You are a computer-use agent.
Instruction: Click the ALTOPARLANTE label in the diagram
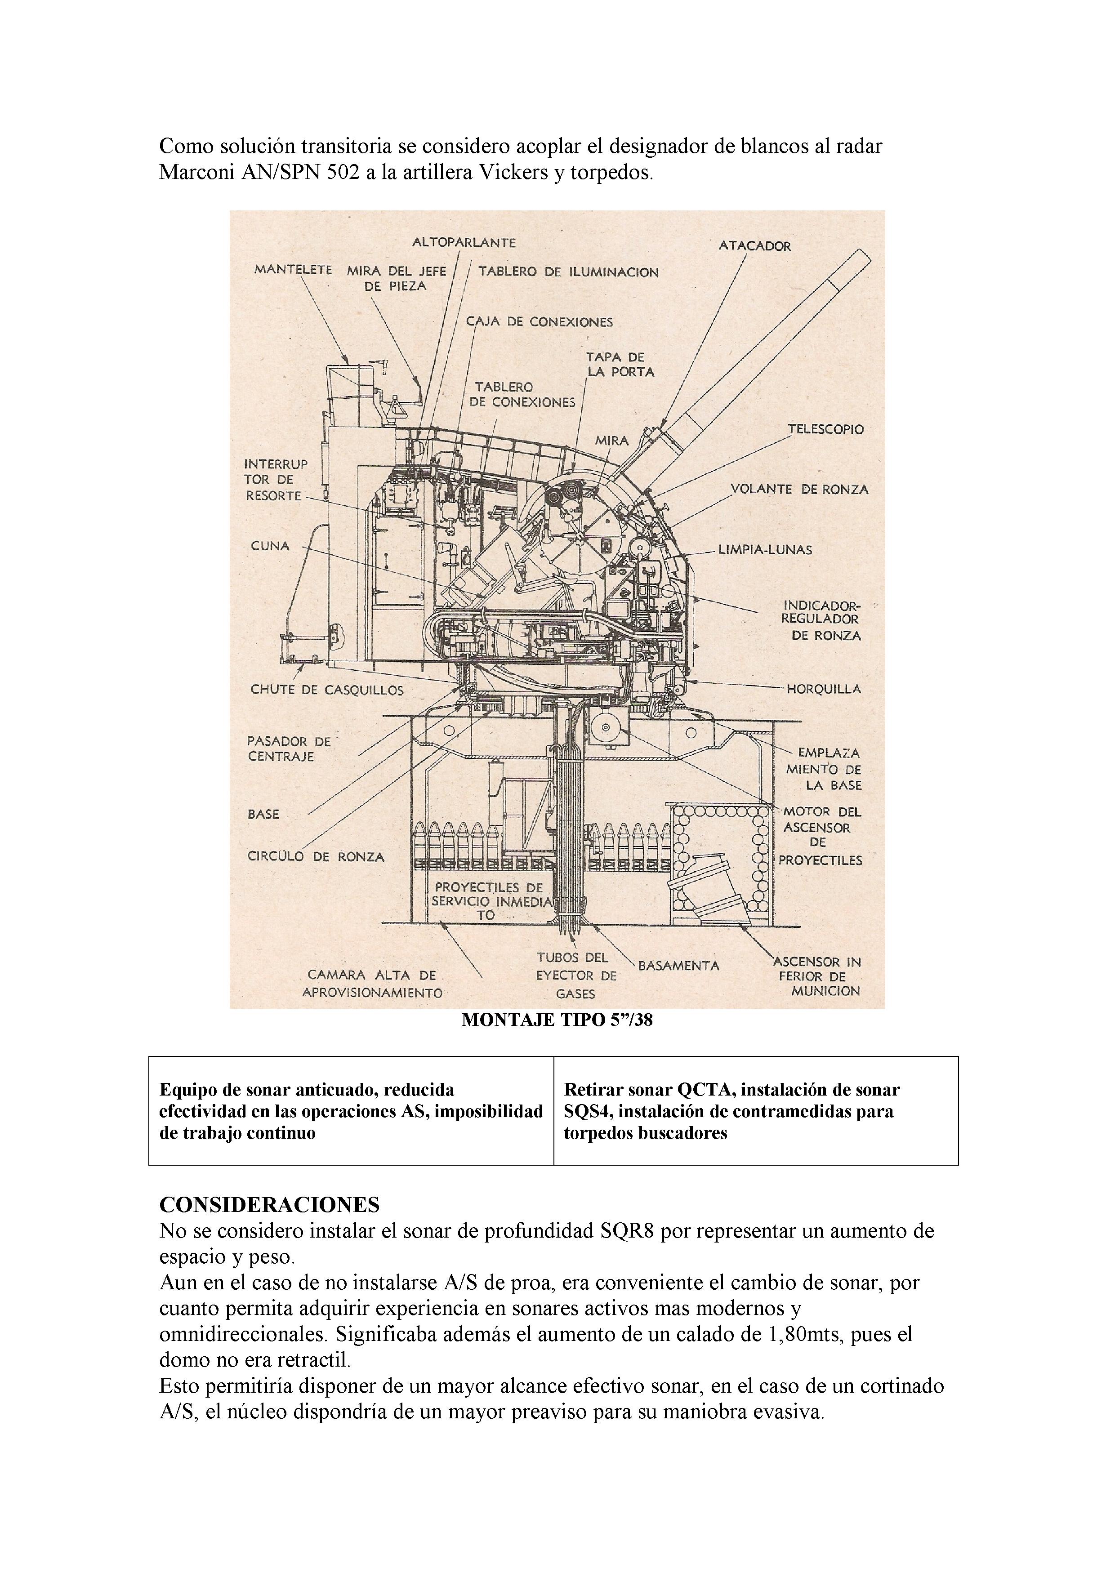464,242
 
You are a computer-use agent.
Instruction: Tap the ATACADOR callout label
754,246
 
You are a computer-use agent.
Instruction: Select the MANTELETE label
293,270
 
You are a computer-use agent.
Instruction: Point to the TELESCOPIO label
825,429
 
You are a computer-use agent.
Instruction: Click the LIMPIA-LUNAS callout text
765,550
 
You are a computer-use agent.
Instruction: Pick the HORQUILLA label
823,689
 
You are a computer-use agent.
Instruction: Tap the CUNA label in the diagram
270,546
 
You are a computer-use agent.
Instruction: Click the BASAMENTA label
678,966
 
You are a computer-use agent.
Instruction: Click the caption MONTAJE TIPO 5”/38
557,1020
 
